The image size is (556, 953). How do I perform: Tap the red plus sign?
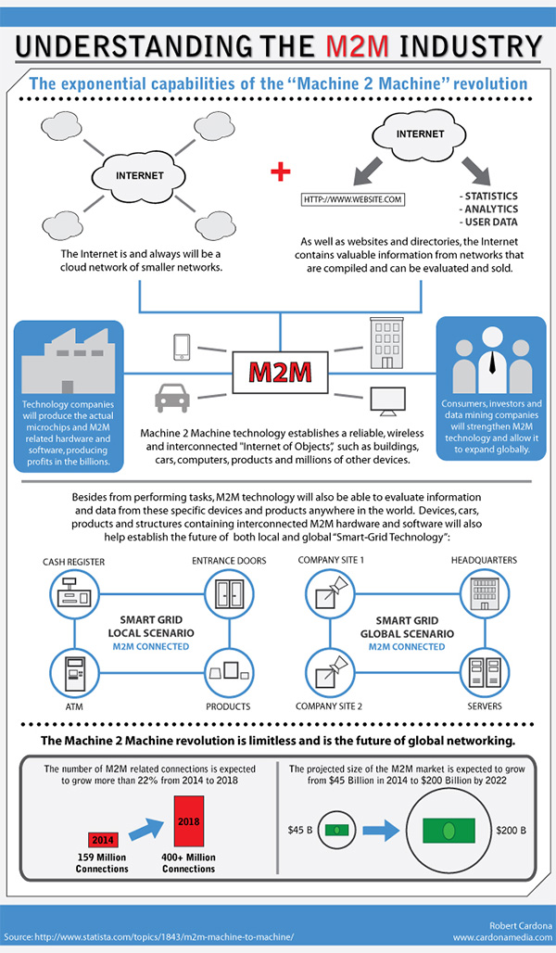click(x=280, y=172)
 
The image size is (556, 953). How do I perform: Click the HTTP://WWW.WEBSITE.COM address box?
click(x=353, y=198)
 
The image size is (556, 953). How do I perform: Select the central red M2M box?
click(x=280, y=372)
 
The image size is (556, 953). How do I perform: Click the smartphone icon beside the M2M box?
click(x=182, y=347)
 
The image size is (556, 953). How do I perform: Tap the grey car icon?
click(x=172, y=398)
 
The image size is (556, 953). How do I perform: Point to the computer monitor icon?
click(x=387, y=401)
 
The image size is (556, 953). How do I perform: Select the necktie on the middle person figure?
click(x=491, y=361)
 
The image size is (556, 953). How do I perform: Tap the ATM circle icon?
click(x=74, y=672)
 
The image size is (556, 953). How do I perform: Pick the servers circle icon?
click(x=485, y=672)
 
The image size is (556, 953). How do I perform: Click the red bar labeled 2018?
click(x=188, y=821)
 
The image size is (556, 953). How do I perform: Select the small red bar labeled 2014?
click(x=103, y=839)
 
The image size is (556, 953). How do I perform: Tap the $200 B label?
click(x=511, y=831)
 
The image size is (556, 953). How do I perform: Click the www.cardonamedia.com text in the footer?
click(x=502, y=938)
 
